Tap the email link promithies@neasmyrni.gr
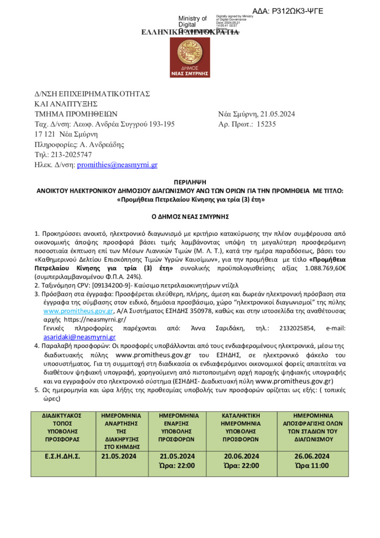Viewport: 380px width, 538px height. [117, 164]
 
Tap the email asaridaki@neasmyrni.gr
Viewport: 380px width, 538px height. [79, 337]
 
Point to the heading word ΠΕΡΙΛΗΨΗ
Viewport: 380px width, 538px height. [190, 182]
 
